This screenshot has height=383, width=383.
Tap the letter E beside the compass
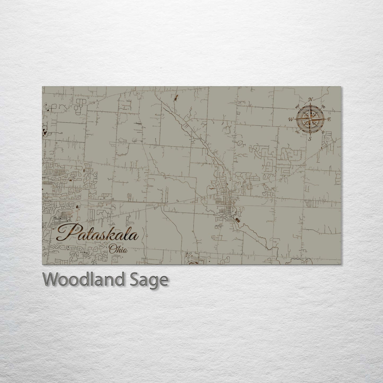[329, 120]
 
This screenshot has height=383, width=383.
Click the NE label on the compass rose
[323, 107]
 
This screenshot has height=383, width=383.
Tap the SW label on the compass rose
[297, 131]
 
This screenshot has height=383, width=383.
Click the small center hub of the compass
[310, 119]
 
